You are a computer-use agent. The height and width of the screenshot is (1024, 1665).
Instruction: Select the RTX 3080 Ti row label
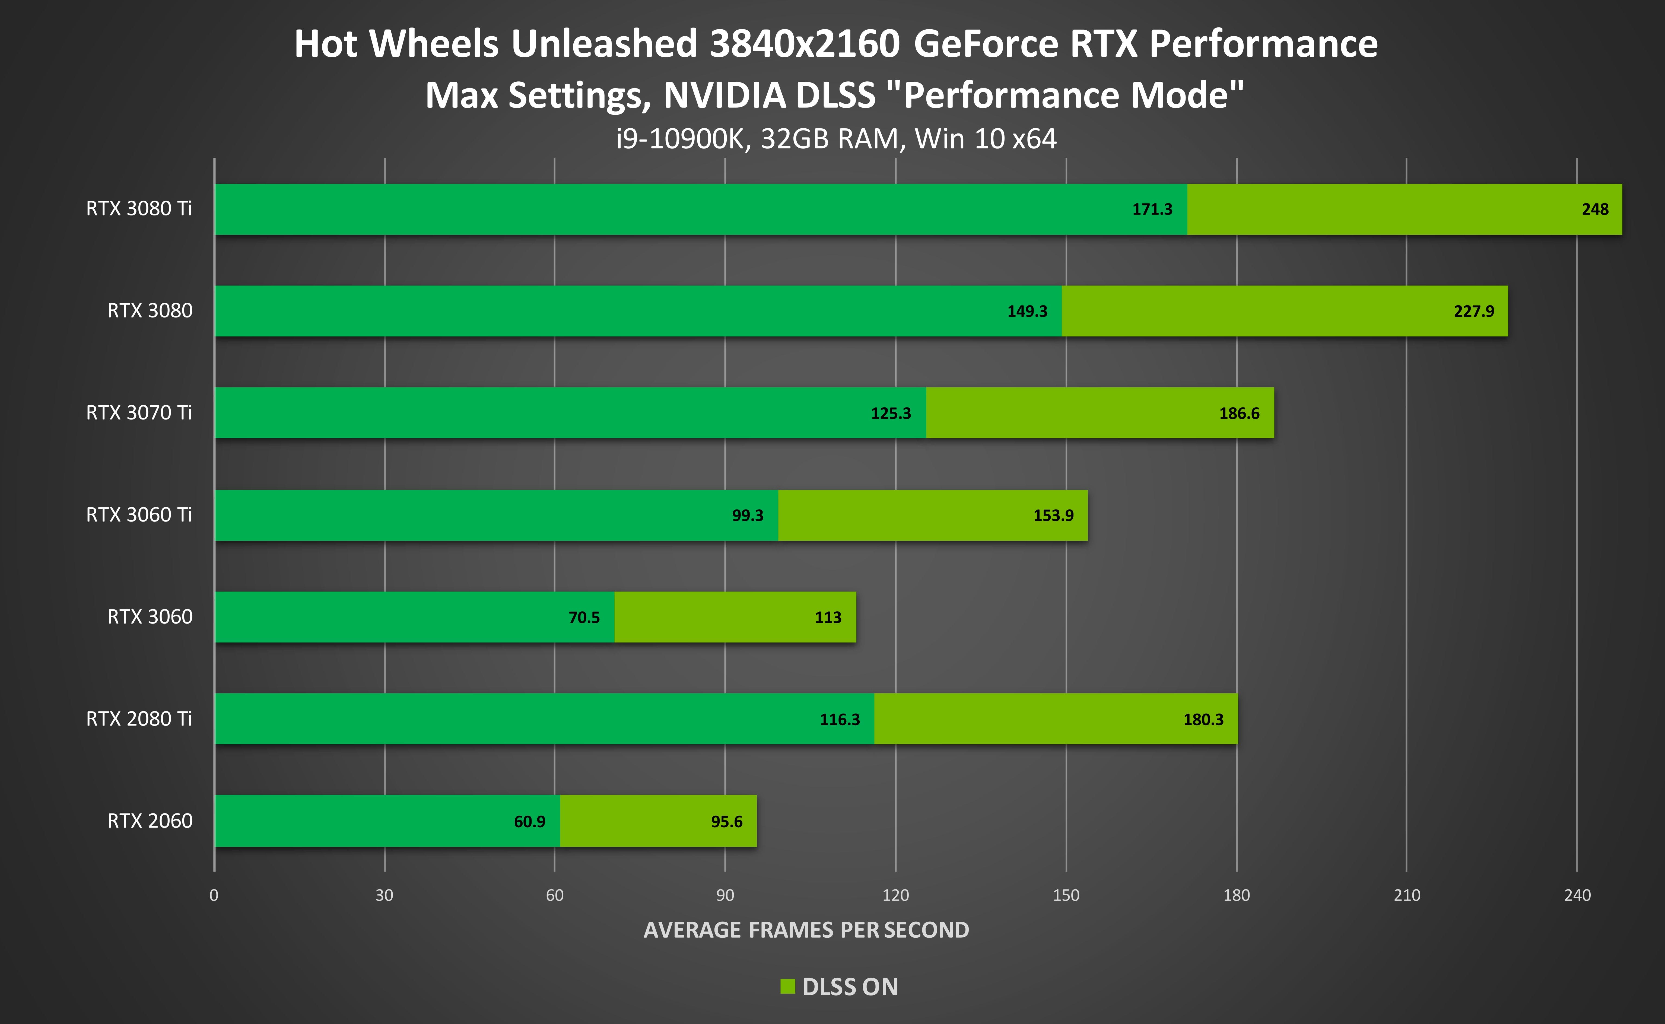tap(139, 209)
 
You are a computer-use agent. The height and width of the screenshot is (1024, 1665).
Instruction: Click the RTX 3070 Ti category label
tap(139, 412)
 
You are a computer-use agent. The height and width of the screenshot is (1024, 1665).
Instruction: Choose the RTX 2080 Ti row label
tap(139, 718)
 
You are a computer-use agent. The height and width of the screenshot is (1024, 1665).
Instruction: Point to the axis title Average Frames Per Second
tap(806, 930)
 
